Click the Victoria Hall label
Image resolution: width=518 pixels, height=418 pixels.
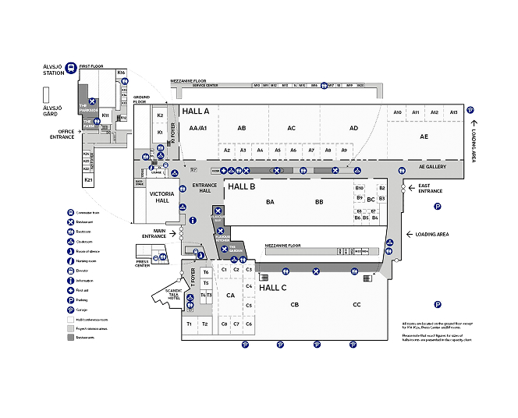pyautogui.click(x=161, y=196)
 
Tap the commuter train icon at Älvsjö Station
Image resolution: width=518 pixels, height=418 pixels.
pyautogui.click(x=70, y=68)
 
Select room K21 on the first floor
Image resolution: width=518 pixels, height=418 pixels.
pyautogui.click(x=88, y=180)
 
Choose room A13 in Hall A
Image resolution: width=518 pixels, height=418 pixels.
pyautogui.click(x=453, y=112)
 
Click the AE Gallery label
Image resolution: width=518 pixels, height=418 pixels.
pyautogui.click(x=431, y=166)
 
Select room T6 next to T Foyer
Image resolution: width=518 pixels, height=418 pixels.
pyautogui.click(x=206, y=271)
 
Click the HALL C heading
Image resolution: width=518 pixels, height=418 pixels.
pyautogui.click(x=273, y=288)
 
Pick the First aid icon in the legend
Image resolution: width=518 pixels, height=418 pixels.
pyautogui.click(x=71, y=290)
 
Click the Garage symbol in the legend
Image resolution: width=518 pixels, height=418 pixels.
pyautogui.click(x=71, y=310)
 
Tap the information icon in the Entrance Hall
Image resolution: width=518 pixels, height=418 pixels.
pyautogui.click(x=193, y=221)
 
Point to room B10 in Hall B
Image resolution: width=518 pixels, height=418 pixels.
pyautogui.click(x=359, y=188)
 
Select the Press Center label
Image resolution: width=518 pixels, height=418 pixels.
pyautogui.click(x=143, y=263)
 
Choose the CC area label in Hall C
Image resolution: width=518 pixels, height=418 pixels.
pyautogui.click(x=357, y=304)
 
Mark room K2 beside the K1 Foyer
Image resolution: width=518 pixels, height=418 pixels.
pyautogui.click(x=160, y=115)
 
